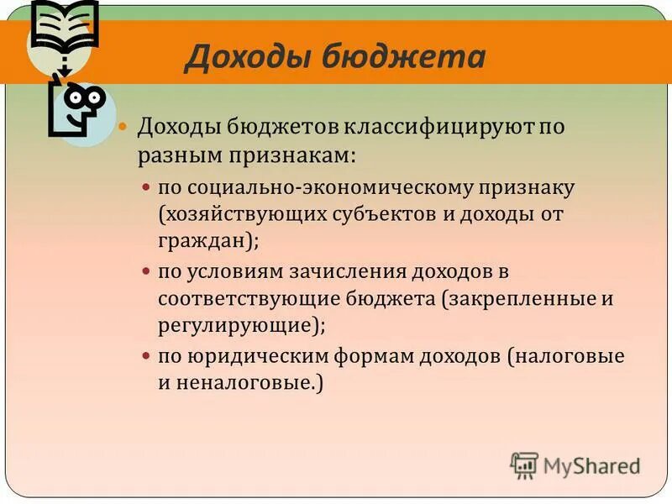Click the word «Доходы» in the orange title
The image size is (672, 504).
239,57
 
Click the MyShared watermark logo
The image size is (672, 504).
576,465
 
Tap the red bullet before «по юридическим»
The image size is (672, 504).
146,356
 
